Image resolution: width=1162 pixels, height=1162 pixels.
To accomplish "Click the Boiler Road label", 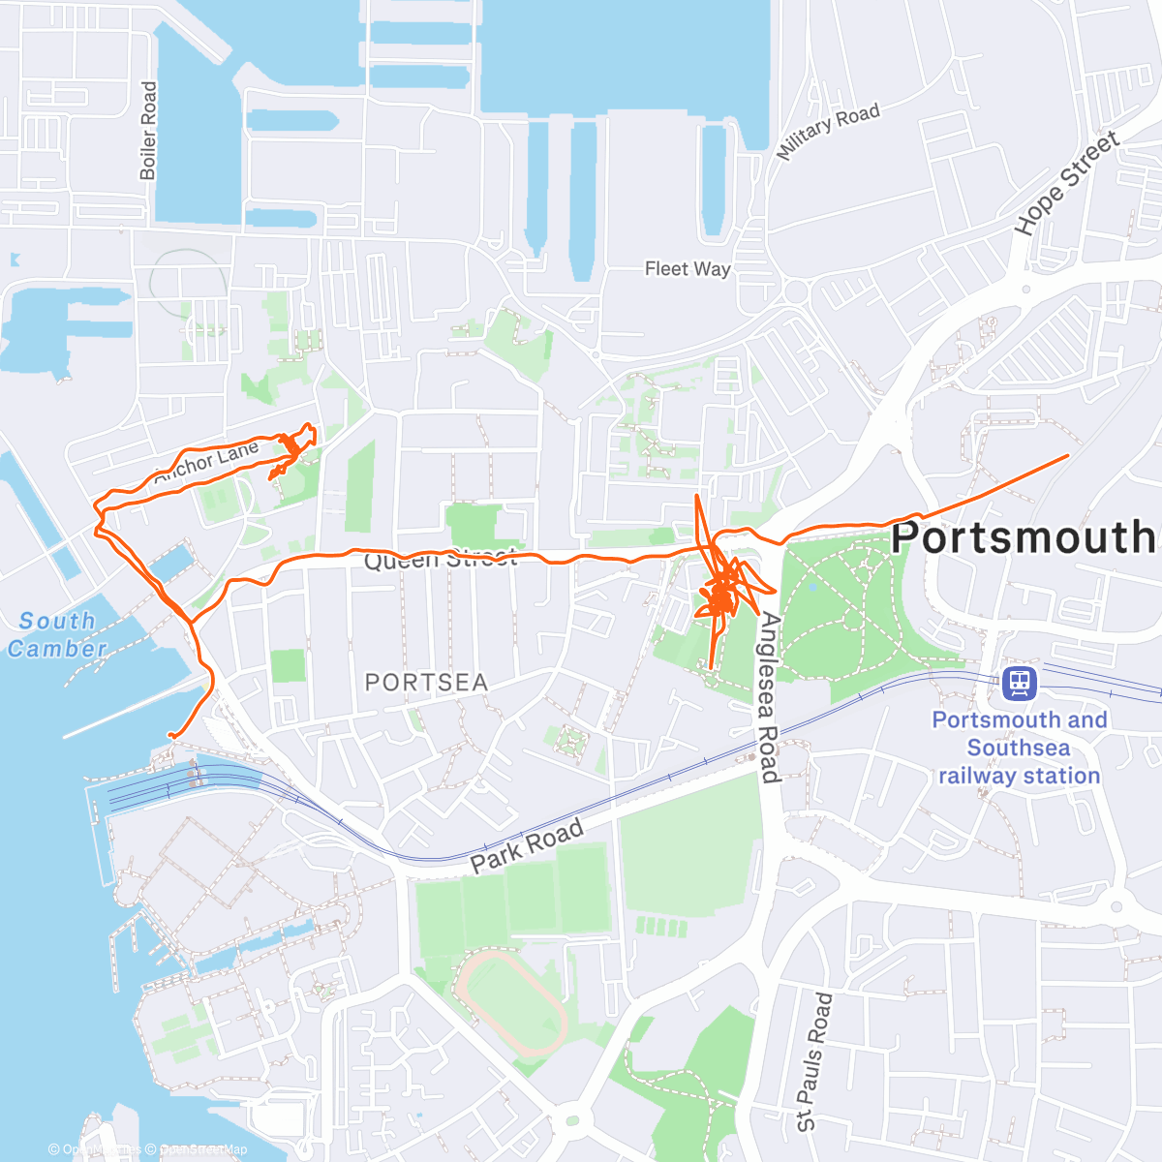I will [x=148, y=131].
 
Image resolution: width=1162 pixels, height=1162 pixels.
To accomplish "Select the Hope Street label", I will [x=1066, y=184].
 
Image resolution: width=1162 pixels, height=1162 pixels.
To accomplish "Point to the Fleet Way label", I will [x=688, y=269].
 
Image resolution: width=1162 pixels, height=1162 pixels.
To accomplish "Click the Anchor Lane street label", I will [x=206, y=462].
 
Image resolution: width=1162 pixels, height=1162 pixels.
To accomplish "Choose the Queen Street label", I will [x=441, y=560].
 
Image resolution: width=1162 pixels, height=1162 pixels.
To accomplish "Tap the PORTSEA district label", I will [x=426, y=683].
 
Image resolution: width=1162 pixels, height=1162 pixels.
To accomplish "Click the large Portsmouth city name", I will [x=1024, y=537].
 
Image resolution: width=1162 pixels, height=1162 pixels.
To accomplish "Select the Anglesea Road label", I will [x=768, y=697].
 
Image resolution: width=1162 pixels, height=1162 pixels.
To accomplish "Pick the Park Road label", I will [x=528, y=844].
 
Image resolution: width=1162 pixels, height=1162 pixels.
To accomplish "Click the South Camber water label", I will [x=58, y=635].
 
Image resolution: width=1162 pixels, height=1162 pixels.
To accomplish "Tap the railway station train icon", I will [x=1019, y=684].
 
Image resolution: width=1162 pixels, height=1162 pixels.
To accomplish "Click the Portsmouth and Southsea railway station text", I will [x=1018, y=748].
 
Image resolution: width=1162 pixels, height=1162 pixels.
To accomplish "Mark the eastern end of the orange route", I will [x=1067, y=455].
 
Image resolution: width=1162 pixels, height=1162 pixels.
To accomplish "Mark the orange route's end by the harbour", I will [x=170, y=736].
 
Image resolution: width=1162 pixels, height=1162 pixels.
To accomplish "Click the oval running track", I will [x=510, y=1002].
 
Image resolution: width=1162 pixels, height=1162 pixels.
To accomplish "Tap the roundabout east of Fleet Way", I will [x=796, y=290].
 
